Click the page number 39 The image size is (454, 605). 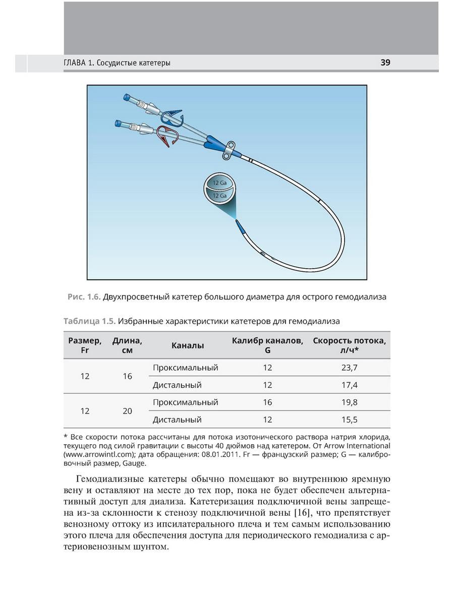(385, 63)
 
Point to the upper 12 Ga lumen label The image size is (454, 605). (219, 183)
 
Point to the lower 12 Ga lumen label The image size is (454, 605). (219, 195)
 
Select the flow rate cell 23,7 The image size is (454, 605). (349, 368)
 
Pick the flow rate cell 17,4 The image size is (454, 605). (349, 385)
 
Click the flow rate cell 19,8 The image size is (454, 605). (349, 402)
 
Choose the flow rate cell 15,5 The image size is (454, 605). (349, 419)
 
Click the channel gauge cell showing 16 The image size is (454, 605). (267, 402)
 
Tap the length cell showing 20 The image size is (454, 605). (127, 411)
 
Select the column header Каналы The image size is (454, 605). (188, 346)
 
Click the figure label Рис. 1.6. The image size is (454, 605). (84, 297)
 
